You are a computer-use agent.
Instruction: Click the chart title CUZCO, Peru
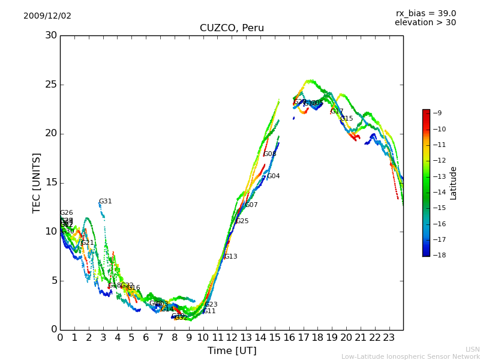click(x=232, y=28)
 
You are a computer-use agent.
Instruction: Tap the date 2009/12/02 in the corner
click(x=47, y=16)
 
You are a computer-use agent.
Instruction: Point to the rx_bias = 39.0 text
click(x=425, y=13)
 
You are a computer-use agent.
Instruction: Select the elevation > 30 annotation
click(x=425, y=23)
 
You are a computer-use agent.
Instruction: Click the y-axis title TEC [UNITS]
click(x=37, y=182)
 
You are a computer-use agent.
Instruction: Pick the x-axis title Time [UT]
click(x=232, y=350)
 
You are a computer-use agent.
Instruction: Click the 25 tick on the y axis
click(x=51, y=85)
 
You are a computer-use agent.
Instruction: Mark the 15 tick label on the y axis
click(x=51, y=182)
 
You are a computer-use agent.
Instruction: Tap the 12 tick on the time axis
click(x=232, y=338)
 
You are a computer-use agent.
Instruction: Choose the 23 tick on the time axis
click(x=389, y=338)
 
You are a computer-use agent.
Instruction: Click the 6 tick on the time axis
click(x=146, y=338)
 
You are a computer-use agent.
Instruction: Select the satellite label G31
click(x=105, y=202)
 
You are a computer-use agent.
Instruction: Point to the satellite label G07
click(x=251, y=205)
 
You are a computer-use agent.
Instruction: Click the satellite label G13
click(x=230, y=257)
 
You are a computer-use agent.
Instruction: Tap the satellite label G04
click(x=273, y=176)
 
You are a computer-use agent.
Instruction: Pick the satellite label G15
click(x=346, y=119)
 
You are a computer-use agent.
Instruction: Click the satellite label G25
click(x=242, y=221)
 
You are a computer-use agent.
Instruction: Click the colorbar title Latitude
click(x=454, y=182)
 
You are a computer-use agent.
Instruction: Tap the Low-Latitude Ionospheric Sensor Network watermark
click(x=410, y=357)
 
